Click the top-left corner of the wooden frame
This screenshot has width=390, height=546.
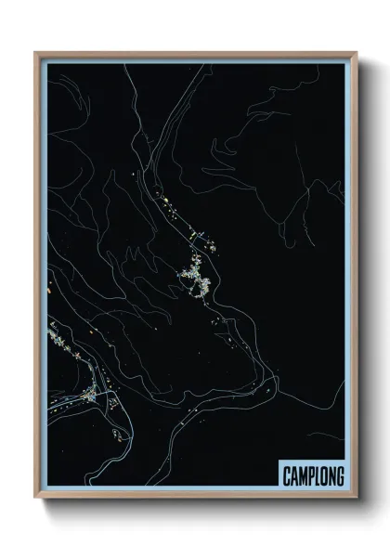36,53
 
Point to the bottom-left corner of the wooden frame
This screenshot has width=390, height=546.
36,499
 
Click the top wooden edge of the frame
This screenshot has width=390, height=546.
195,54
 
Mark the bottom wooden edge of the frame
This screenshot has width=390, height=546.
195,498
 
